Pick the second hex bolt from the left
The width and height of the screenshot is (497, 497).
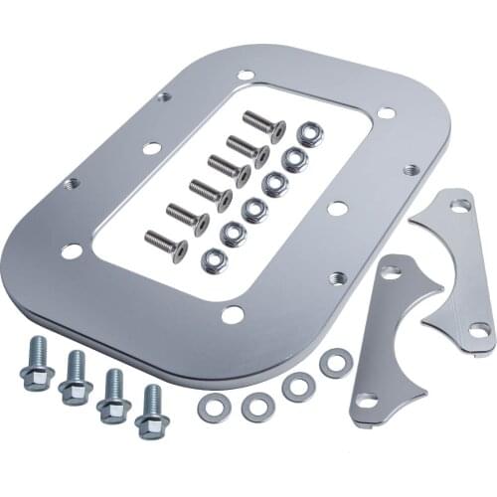coord(76,380)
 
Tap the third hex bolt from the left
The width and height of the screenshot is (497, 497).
coord(113,396)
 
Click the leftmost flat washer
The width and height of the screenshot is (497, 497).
coord(214,408)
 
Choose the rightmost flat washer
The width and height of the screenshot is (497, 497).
coord(334,363)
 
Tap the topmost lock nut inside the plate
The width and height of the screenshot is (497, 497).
coord(310,134)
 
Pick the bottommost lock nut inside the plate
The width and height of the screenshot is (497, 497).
coord(214,260)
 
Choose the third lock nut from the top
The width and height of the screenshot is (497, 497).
coord(274,184)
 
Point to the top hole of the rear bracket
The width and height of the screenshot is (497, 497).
coord(460,205)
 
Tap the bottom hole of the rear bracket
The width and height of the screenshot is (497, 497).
coord(479,330)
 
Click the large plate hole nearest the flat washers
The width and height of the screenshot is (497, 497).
coord(233,315)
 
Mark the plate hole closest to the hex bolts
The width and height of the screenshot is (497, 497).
coord(72,250)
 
